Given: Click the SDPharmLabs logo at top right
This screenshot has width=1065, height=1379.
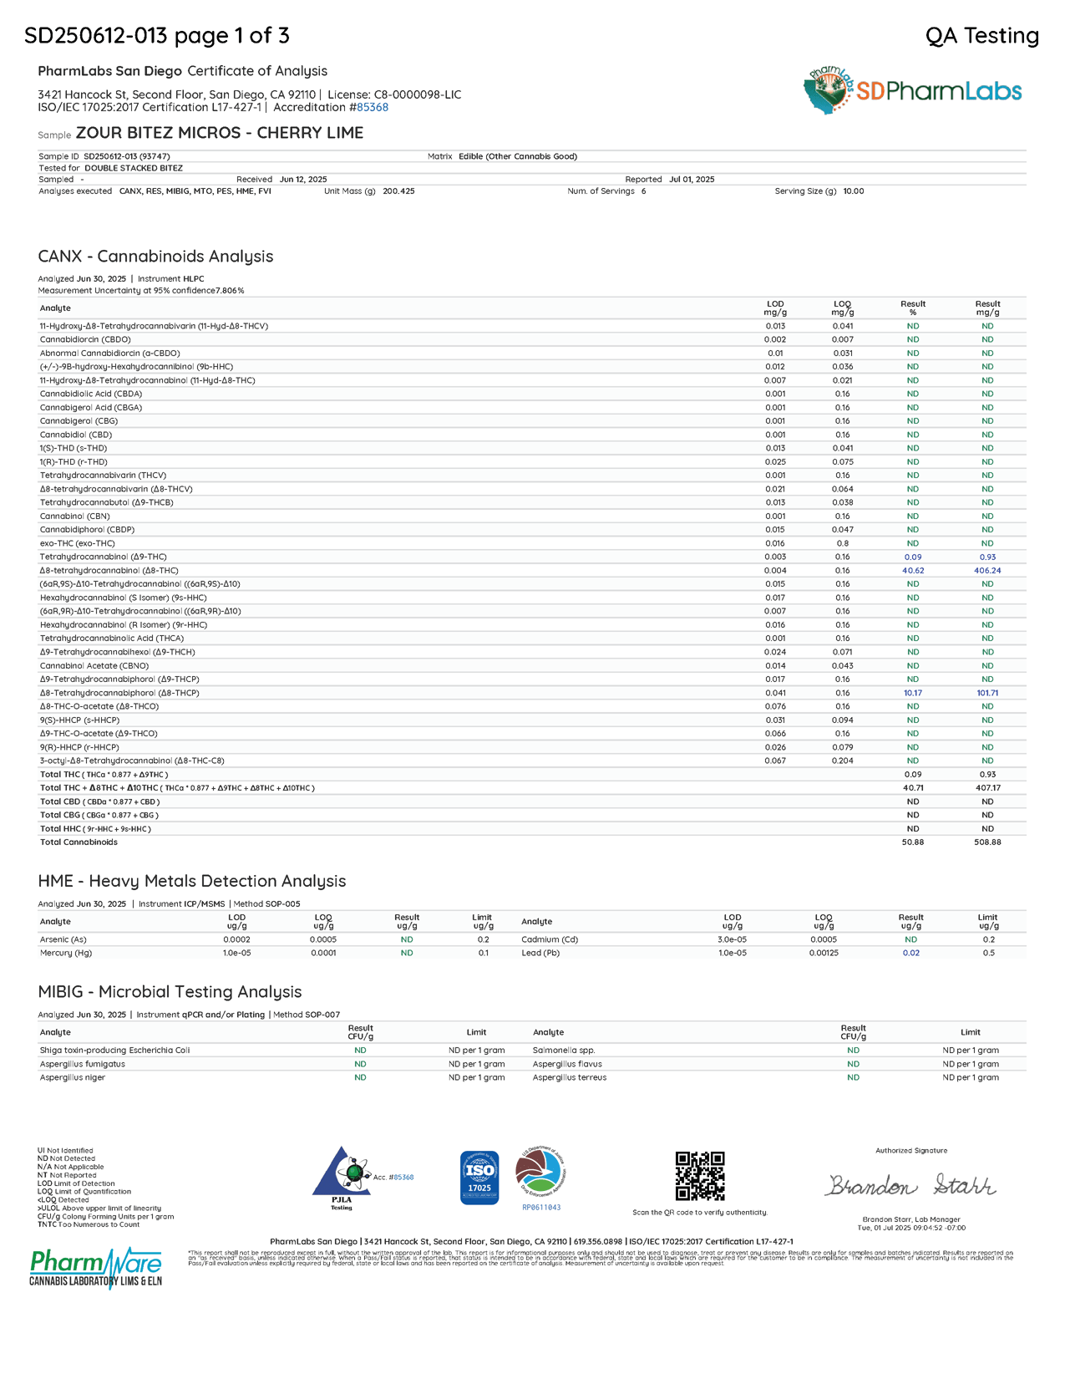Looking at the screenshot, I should tap(912, 90).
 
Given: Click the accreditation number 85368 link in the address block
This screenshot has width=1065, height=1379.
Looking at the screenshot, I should tap(373, 107).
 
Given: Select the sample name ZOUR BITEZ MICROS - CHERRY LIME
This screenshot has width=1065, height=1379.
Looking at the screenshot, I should tap(220, 133).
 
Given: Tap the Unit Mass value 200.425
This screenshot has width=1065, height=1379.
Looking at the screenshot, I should tap(398, 191).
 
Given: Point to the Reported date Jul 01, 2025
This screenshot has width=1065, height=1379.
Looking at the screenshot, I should tap(692, 180).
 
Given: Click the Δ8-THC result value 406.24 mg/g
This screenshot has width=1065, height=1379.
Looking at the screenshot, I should tap(987, 571).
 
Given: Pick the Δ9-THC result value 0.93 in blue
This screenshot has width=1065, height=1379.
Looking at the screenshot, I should tap(987, 557).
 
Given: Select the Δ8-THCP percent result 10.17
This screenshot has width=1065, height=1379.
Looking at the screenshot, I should tap(912, 693).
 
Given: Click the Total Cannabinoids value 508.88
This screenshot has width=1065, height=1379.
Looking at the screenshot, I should tap(987, 842).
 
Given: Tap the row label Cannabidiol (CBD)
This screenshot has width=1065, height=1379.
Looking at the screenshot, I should tap(75, 435).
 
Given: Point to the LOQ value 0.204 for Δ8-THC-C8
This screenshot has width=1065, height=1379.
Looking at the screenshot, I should tap(842, 761).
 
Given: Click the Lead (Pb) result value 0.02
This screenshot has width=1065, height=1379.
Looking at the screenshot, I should tap(910, 953).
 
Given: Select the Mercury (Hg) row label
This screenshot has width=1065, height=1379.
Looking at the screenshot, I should tap(66, 953).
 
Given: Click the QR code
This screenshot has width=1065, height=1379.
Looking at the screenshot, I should tap(700, 1176).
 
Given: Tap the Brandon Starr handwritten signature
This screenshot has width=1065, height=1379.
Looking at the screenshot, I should tap(910, 1186).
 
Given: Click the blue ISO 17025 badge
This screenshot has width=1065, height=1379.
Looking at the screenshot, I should tap(479, 1178).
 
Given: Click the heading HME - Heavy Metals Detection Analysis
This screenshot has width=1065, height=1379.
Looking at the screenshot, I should tap(191, 881).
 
